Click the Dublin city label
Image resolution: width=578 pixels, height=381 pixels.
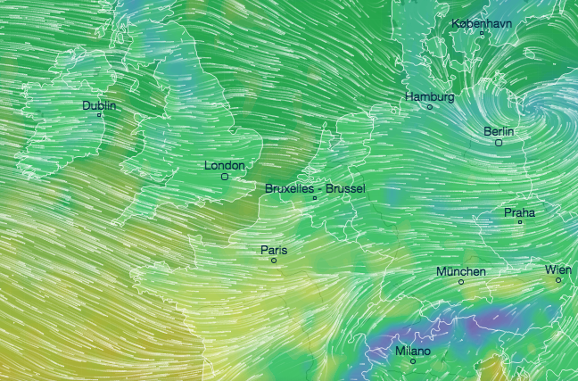point(99,105)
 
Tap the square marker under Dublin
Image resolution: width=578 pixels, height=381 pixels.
point(99,115)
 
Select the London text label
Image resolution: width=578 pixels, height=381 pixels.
point(224,165)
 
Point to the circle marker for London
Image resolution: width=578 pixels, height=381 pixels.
point(225,177)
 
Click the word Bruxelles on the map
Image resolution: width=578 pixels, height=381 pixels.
point(291,189)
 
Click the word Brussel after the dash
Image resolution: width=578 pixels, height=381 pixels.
point(346,189)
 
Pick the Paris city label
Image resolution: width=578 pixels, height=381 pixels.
point(274,250)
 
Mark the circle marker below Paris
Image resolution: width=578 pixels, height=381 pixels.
point(274,261)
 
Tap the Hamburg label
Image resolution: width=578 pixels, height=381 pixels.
point(430,96)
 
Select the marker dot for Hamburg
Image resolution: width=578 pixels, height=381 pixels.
point(429,107)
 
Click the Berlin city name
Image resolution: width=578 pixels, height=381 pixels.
point(500,131)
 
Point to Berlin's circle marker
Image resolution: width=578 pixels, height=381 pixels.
point(499,142)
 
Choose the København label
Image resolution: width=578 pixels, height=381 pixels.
point(482,23)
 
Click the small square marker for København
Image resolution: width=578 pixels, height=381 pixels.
point(482,34)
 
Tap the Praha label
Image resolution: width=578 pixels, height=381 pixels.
point(519,212)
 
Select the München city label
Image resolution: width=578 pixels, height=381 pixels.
point(461,271)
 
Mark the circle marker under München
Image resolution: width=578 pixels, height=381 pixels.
point(461,282)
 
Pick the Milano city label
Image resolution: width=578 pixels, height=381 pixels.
point(412,352)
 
